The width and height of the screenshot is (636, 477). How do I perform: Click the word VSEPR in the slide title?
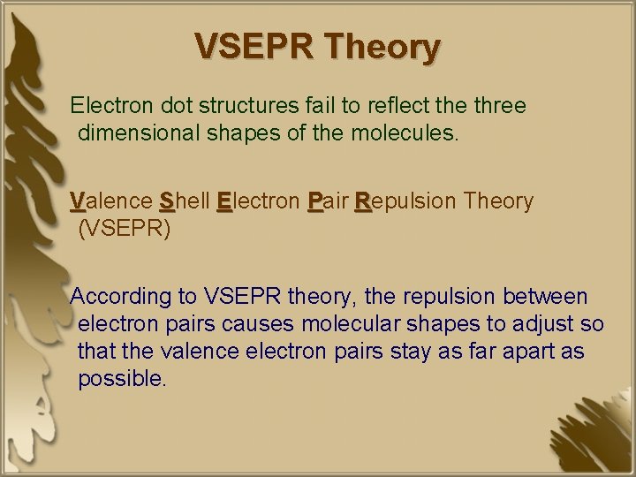click(252, 47)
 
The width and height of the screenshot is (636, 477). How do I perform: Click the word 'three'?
click(498, 107)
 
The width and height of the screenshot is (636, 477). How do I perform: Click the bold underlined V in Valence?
click(78, 201)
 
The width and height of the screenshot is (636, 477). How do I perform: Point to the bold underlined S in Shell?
click(167, 201)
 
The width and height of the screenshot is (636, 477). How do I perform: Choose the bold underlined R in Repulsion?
click(361, 201)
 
